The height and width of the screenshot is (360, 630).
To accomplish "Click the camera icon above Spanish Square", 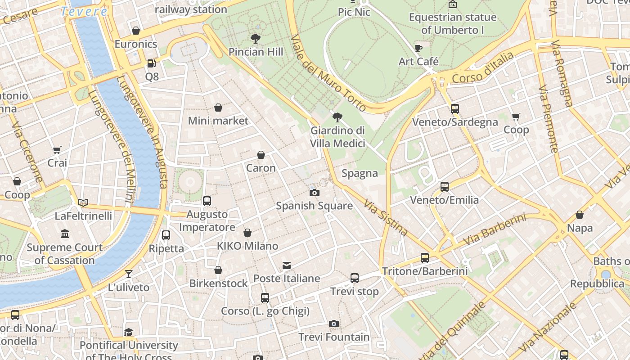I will pyautogui.click(x=315, y=193).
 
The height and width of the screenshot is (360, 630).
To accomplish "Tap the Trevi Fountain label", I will pyautogui.click(x=334, y=337).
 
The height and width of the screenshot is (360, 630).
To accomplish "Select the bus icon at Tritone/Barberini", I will pyautogui.click(x=425, y=258).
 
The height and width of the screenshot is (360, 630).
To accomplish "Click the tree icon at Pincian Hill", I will pyautogui.click(x=256, y=39).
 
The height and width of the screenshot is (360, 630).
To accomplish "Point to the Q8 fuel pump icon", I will pyautogui.click(x=152, y=63).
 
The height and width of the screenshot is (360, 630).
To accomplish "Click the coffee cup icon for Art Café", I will pyautogui.click(x=418, y=48).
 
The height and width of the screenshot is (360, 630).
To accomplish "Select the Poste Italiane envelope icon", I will pyautogui.click(x=287, y=265).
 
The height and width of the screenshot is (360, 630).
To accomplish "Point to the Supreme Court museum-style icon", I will pyautogui.click(x=65, y=234).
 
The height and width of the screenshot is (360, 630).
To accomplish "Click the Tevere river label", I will pyautogui.click(x=84, y=11).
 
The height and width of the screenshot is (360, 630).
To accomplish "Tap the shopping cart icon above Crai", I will pyautogui.click(x=57, y=150).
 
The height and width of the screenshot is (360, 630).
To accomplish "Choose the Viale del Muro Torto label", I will pyautogui.click(x=328, y=73).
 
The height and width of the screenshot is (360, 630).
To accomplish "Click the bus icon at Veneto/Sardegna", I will pyautogui.click(x=455, y=109).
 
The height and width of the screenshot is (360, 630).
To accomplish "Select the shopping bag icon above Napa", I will pyautogui.click(x=580, y=215).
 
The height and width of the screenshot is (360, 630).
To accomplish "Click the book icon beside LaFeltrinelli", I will pyautogui.click(x=83, y=202).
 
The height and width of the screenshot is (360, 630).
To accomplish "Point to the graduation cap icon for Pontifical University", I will pyautogui.click(x=129, y=332).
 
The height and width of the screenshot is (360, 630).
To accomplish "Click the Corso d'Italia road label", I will pyautogui.click(x=482, y=68).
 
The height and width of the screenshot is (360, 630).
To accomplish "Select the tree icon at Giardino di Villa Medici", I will pyautogui.click(x=337, y=117).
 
